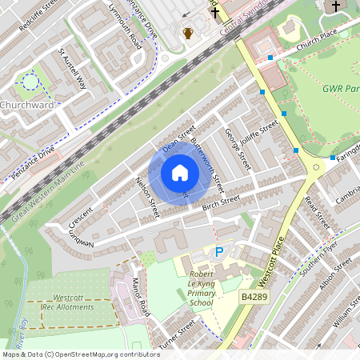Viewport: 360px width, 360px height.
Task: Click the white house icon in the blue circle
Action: [x=179, y=173]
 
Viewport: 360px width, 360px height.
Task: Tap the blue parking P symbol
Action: [x=219, y=252]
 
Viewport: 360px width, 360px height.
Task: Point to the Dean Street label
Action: [x=179, y=138]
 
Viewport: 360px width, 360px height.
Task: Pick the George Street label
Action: [x=238, y=149]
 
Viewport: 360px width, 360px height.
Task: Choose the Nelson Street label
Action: [x=148, y=198]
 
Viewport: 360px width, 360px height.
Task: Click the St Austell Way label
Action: [x=71, y=69]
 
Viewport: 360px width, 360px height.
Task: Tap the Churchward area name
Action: [x=27, y=105]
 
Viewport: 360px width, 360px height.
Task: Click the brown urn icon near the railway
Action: [x=188, y=34]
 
